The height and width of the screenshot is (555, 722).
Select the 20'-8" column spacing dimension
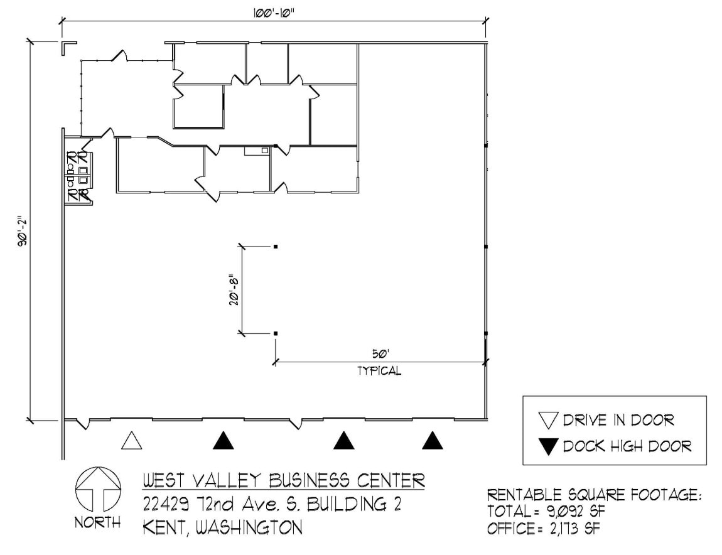tap(233, 289)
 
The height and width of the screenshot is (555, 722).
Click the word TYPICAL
tap(379, 371)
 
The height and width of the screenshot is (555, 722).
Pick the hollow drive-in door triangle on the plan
tap(131, 442)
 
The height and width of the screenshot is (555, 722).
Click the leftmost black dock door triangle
tap(223, 441)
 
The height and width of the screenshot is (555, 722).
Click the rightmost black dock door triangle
tap(432, 441)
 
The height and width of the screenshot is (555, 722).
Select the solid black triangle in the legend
tap(549, 446)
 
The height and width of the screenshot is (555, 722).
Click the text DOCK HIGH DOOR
tap(627, 446)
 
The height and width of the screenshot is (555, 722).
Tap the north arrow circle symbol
tap(98, 491)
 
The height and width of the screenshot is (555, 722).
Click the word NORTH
tap(98, 524)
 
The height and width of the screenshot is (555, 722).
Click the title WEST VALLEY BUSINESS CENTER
tap(283, 482)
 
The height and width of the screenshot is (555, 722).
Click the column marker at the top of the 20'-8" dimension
tap(276, 247)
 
